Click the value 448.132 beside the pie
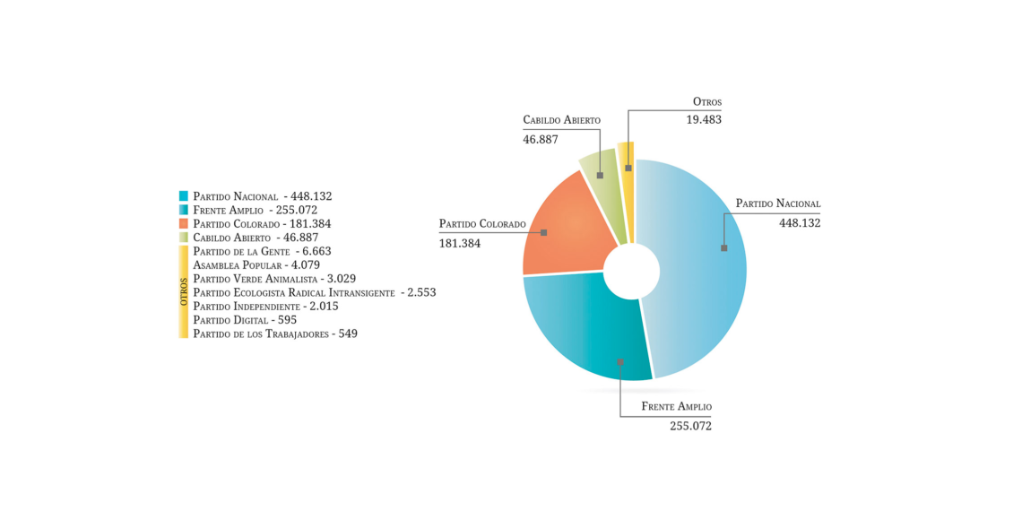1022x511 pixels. click(x=800, y=223)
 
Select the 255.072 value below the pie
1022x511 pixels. click(x=690, y=426)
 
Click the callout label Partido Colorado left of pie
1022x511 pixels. click(x=482, y=223)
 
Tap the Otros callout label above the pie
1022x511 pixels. click(x=706, y=102)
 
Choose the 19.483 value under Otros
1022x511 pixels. click(x=704, y=119)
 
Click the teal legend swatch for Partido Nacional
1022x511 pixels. click(x=184, y=195)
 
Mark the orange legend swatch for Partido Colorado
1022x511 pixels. click(x=184, y=223)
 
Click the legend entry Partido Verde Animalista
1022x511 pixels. click(x=274, y=279)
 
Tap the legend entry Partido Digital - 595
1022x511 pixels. click(x=245, y=320)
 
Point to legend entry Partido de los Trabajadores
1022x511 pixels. click(x=275, y=333)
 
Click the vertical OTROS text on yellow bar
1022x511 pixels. click(x=184, y=292)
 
